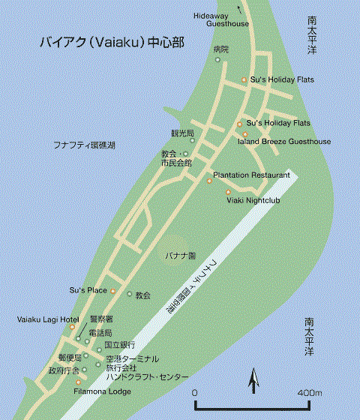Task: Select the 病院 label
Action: [220, 49]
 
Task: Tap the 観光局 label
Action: [182, 133]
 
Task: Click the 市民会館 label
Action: [176, 162]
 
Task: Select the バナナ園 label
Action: [181, 256]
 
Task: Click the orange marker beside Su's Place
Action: [114, 290]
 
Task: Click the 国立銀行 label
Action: [119, 344]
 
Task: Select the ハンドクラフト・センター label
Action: [147, 376]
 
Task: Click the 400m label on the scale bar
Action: [308, 393]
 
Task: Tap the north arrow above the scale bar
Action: [253, 382]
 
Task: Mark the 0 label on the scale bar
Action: [194, 393]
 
